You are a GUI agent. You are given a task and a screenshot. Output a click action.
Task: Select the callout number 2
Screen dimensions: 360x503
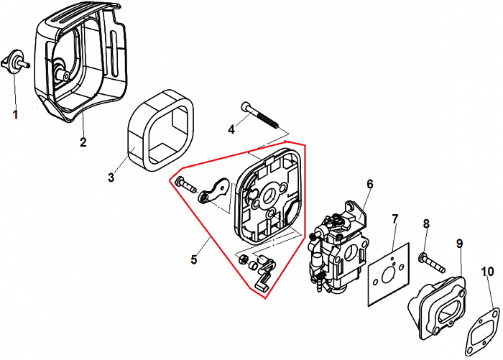[x=83, y=142]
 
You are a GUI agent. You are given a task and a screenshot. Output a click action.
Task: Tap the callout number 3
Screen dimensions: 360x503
[x=111, y=177]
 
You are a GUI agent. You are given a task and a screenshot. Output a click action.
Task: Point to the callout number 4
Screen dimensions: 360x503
[x=231, y=129]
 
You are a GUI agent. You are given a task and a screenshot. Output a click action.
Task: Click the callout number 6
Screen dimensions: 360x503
[x=369, y=184]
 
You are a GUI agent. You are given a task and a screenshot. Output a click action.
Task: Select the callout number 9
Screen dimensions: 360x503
[x=459, y=244]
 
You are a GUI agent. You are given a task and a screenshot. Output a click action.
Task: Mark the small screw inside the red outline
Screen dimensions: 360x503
[x=187, y=184]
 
